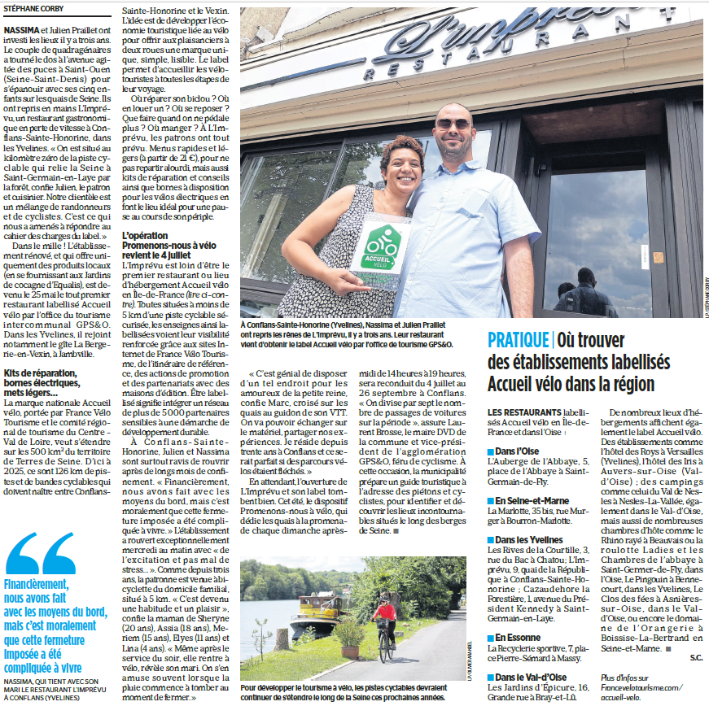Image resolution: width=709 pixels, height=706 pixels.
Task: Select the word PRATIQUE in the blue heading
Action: click(518, 340)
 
